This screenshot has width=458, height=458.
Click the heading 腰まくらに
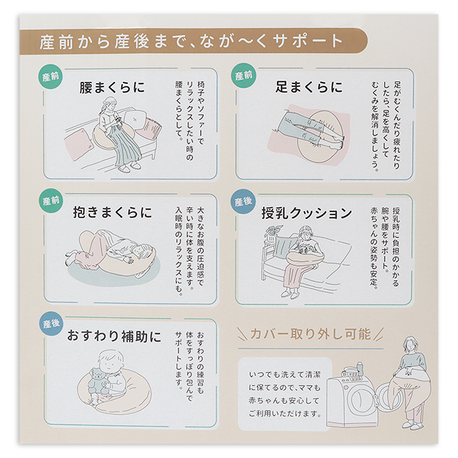[x=112, y=88]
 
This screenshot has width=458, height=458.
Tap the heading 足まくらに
[x=309, y=87]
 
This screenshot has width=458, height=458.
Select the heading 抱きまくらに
[x=112, y=212]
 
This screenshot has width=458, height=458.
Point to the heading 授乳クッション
[x=307, y=213]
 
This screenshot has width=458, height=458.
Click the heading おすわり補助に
[x=114, y=336]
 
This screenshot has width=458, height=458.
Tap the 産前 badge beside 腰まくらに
[x=50, y=77]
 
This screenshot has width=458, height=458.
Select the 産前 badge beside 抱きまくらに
[x=51, y=201]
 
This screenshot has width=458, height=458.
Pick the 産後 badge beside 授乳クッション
[x=243, y=202]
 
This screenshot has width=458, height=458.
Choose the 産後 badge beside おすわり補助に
[x=52, y=323]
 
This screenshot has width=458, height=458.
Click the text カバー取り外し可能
[x=310, y=334]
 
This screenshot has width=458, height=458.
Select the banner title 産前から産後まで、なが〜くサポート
[x=192, y=41]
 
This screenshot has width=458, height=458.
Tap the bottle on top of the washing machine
[x=360, y=369]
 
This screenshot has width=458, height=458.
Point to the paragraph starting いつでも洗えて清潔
[x=285, y=394]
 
